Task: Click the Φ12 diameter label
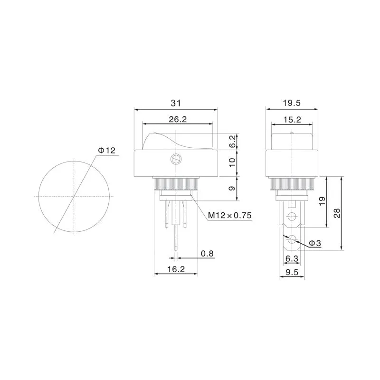106,151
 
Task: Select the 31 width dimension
176,103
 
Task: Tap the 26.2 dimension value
178,119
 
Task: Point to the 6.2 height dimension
232,141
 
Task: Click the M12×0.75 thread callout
229,215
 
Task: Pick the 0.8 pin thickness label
207,254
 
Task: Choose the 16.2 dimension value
176,269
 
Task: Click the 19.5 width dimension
292,103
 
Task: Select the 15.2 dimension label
292,120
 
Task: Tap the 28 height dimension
337,213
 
